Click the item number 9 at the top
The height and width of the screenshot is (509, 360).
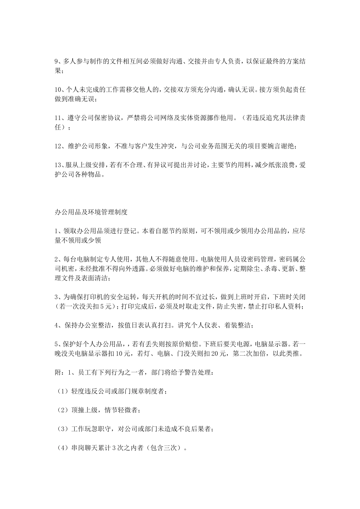pos(57,61)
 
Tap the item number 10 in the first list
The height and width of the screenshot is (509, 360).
pos(58,90)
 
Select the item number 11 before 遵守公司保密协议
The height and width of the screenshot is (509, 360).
pos(58,118)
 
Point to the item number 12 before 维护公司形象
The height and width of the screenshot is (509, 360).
pos(58,146)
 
